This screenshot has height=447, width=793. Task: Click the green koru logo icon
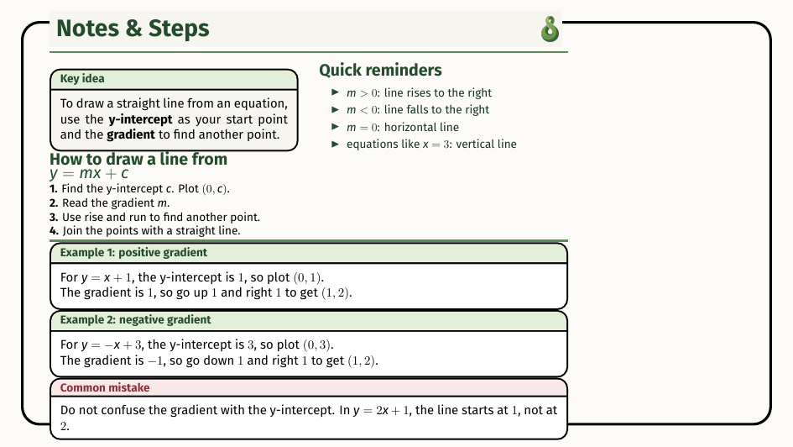pos(550,29)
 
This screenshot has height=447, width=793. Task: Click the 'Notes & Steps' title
pos(133,29)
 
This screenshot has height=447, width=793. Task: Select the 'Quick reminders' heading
pos(380,70)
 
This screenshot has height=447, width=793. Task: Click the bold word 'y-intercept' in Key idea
pos(141,119)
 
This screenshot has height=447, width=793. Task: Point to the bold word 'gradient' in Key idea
pos(131,134)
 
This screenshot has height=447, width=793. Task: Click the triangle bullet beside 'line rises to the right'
pos(336,92)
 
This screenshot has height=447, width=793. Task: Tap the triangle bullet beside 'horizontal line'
pos(336,127)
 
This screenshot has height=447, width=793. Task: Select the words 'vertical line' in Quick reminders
pos(486,144)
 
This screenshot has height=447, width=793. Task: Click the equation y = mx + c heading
pos(89,174)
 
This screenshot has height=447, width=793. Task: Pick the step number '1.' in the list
pos(54,189)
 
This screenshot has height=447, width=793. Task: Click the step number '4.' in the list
pos(54,231)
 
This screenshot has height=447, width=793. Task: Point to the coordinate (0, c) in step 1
pos(216,189)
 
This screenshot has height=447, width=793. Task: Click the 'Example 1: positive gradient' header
pos(133,253)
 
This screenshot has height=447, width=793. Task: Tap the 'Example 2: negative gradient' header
pos(136,320)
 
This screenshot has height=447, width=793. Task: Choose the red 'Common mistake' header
pos(105,388)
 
